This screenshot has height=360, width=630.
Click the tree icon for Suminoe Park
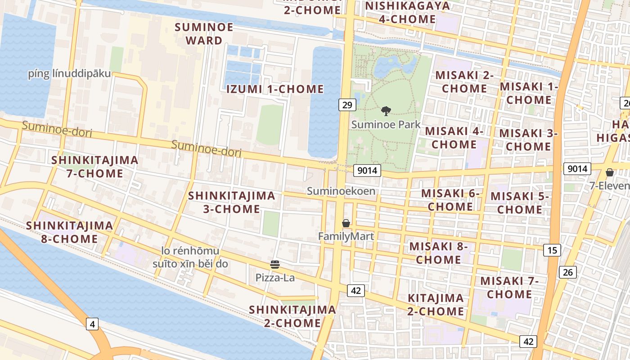pos(386,111)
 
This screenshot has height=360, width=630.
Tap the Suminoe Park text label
pos(386,124)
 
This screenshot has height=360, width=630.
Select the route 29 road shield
pos(347,105)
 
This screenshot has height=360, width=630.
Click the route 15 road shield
pos(552,250)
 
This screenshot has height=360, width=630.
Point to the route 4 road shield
pos(92,324)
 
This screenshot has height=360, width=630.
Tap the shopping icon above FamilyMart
pos(346,223)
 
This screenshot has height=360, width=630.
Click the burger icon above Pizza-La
pos(275,265)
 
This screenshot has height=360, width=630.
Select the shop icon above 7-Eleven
pos(610,172)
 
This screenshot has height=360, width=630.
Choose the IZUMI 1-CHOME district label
pos(274,89)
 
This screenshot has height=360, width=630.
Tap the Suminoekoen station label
pos(341,191)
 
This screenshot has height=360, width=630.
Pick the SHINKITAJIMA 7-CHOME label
pos(94,166)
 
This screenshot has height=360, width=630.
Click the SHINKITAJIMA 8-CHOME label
pos(69,232)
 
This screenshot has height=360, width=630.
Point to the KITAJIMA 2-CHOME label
pos(436,305)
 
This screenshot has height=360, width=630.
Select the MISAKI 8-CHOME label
pos(438,253)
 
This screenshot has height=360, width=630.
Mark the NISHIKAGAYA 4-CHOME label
pos(407,13)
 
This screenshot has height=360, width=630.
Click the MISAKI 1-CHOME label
pos(529,93)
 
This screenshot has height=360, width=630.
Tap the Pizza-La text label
pos(275,278)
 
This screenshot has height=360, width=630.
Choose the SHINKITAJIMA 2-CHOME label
pos(292,316)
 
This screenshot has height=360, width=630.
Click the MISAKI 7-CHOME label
pos(509,288)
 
